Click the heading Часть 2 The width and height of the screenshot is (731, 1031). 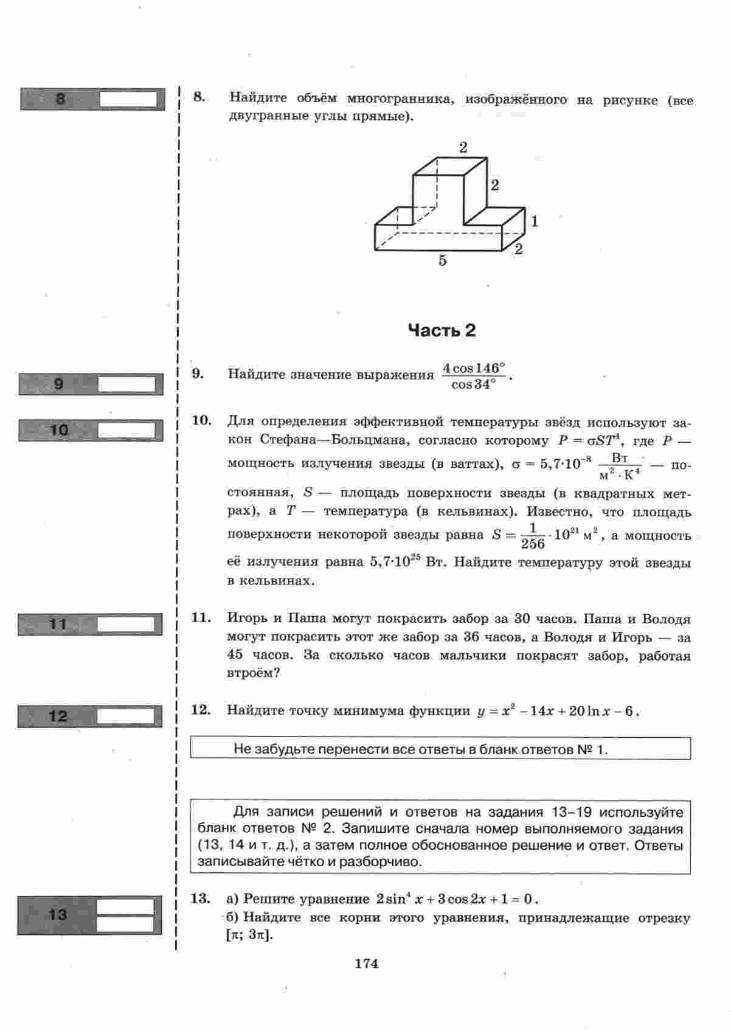(442, 330)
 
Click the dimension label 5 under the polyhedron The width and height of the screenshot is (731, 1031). (442, 260)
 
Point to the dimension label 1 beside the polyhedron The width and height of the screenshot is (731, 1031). (534, 221)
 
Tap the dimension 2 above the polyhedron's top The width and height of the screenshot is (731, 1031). (463, 147)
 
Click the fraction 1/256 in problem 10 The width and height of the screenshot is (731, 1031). (533, 535)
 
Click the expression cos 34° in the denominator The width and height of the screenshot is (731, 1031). (473, 385)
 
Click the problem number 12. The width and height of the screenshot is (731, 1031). (200, 710)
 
